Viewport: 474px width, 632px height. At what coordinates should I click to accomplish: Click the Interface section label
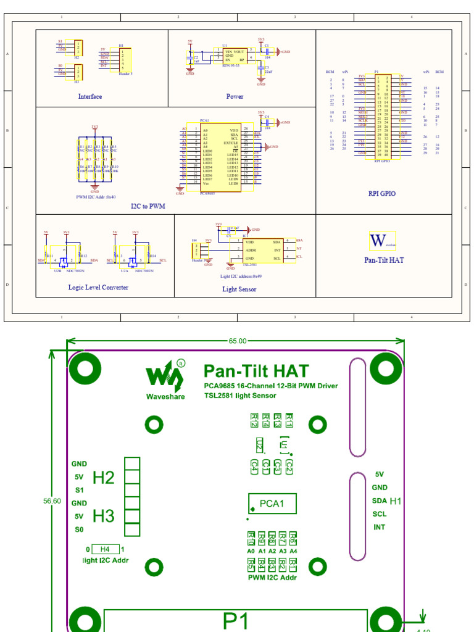(x=90, y=96)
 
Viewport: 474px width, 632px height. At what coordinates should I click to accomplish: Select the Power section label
(x=235, y=96)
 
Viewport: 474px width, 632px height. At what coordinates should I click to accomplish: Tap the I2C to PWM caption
(x=148, y=206)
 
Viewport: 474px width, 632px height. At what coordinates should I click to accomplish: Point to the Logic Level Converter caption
(x=98, y=287)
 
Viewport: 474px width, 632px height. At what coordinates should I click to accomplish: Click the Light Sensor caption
(x=239, y=289)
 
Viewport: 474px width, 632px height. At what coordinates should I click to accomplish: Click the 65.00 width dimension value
(x=238, y=341)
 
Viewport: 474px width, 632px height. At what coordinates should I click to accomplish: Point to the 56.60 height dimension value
(x=52, y=501)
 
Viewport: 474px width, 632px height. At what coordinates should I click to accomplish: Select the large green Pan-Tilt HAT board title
(x=256, y=371)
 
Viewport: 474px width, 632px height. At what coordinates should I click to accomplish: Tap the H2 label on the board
(x=104, y=477)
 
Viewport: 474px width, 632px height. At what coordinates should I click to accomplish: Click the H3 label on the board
(x=104, y=516)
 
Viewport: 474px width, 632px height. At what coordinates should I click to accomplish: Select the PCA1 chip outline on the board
(x=272, y=504)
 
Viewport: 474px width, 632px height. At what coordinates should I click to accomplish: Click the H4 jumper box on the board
(x=106, y=549)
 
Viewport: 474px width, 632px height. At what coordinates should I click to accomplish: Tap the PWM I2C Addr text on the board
(x=272, y=578)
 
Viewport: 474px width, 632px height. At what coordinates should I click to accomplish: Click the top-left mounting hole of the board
(x=81, y=368)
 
